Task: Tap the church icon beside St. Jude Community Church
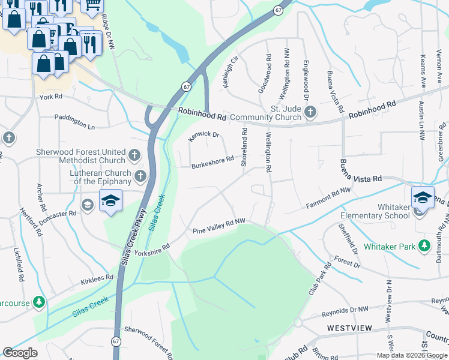pyautogui.click(x=310, y=112)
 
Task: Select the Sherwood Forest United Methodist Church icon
pyautogui.click(x=135, y=155)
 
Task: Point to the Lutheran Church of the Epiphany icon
pyautogui.click(x=140, y=176)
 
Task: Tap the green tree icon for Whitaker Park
pyautogui.click(x=424, y=246)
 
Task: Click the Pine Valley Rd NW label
pyautogui.click(x=219, y=226)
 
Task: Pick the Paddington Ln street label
pyautogui.click(x=75, y=122)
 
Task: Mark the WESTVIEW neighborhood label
pyautogui.click(x=351, y=328)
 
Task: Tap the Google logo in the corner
pyautogui.click(x=20, y=353)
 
